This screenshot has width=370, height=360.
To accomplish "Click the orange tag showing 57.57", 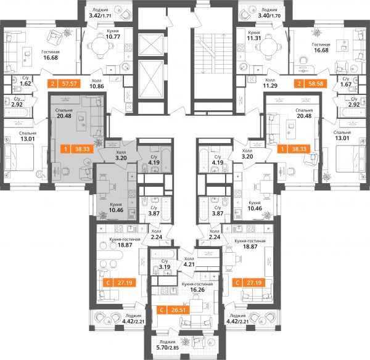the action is point(64,83).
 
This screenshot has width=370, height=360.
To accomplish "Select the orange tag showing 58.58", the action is point(311,83).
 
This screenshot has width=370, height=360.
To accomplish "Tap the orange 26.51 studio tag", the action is point(173,309).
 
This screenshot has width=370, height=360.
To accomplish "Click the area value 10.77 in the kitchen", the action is point(113,37).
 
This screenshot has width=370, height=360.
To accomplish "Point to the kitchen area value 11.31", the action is point(254,38).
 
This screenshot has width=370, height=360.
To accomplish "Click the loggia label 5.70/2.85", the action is point(167,348).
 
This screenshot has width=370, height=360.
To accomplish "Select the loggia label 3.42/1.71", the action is point(101,16).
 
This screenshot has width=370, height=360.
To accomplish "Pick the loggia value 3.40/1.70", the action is point(269,15).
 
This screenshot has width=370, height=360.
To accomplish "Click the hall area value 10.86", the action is point(97,86).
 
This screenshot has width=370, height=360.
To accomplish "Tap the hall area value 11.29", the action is point(270,86).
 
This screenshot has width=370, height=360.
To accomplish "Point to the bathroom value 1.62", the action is point(25,83).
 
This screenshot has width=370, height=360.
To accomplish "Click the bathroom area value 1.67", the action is point(346,84).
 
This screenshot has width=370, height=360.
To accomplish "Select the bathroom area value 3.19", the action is point(165,267).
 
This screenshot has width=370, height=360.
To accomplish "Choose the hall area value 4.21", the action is point(189,264).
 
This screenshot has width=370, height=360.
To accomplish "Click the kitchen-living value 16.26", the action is point(197,290).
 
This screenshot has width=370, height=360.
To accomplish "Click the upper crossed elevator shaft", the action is point(151,45).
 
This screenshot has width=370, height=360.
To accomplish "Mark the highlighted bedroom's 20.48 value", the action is point(64,116).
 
